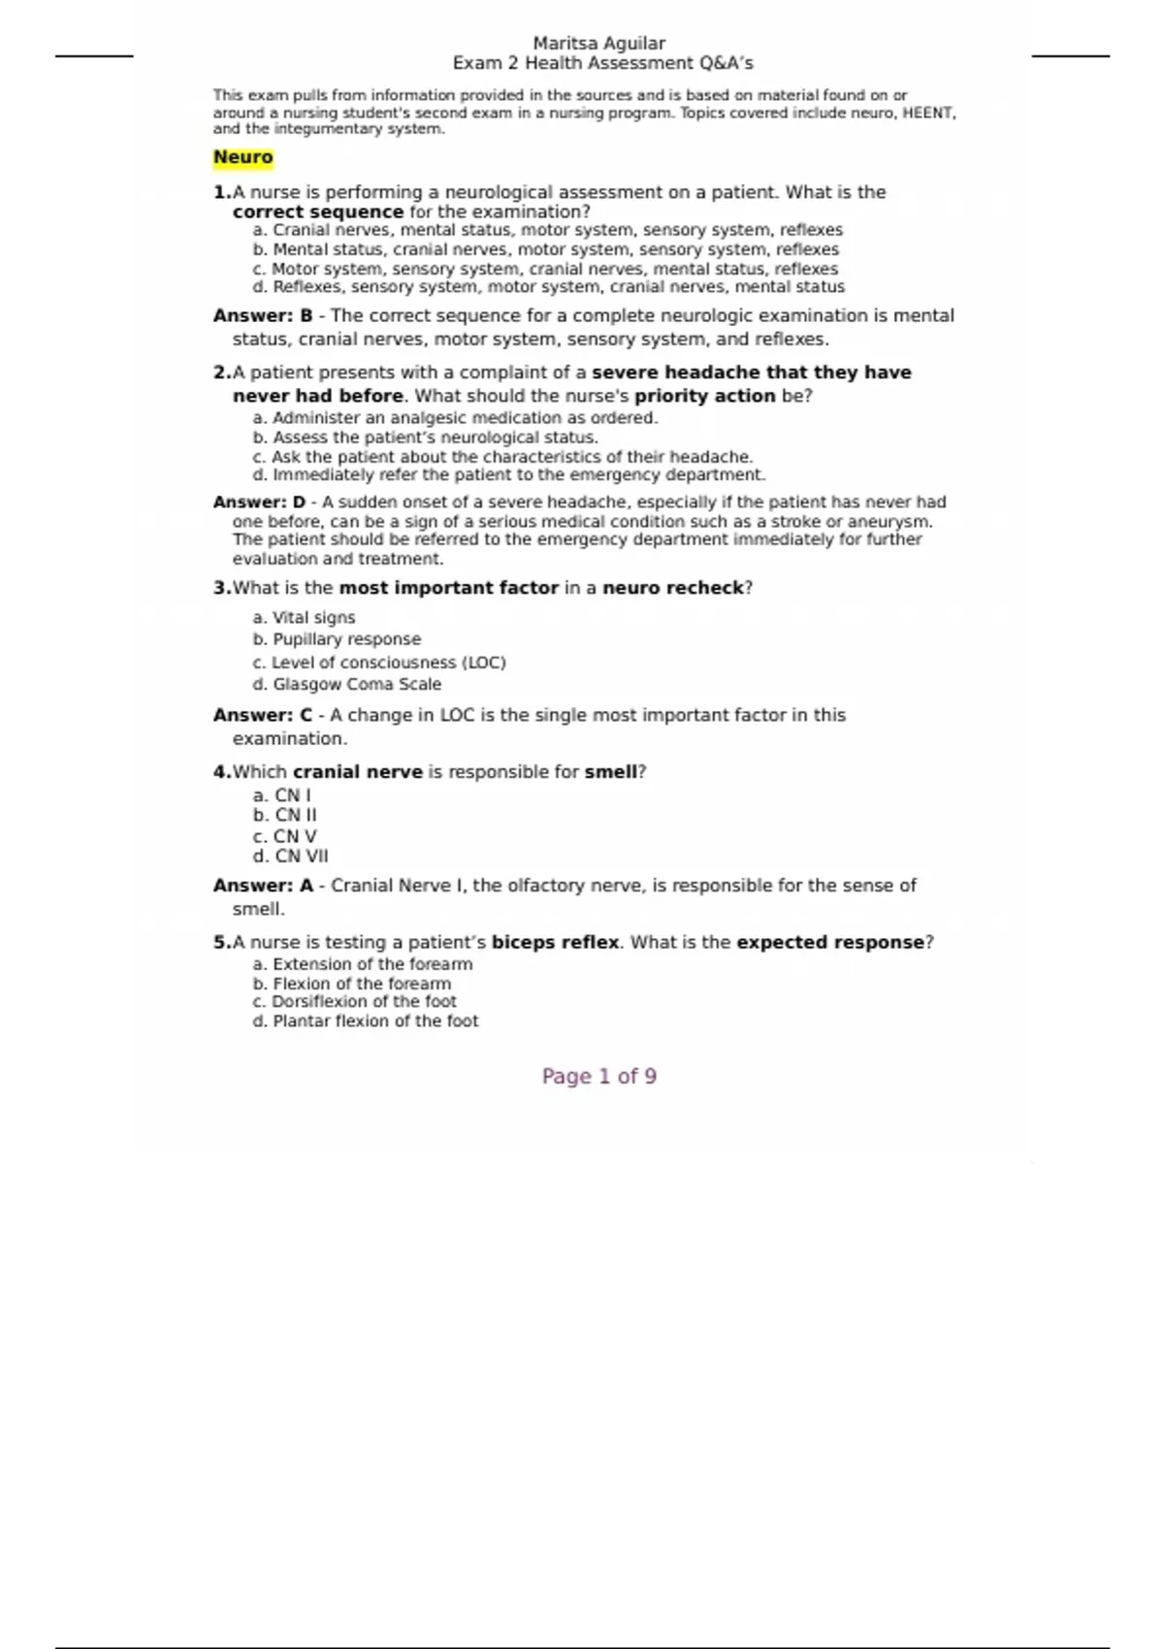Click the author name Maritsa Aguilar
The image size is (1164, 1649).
(598, 44)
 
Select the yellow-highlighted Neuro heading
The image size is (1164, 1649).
(242, 157)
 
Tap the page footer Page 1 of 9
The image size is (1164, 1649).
(598, 1076)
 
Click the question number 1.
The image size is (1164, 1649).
(222, 192)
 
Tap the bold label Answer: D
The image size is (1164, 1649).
(259, 502)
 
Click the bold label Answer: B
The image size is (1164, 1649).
(263, 316)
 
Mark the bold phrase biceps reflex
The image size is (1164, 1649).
(555, 942)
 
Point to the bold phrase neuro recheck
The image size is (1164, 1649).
(672, 588)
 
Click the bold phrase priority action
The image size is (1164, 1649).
(704, 396)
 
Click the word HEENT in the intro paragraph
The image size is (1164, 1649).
(928, 113)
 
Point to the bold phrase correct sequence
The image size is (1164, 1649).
(317, 211)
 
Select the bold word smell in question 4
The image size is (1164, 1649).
(610, 772)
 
